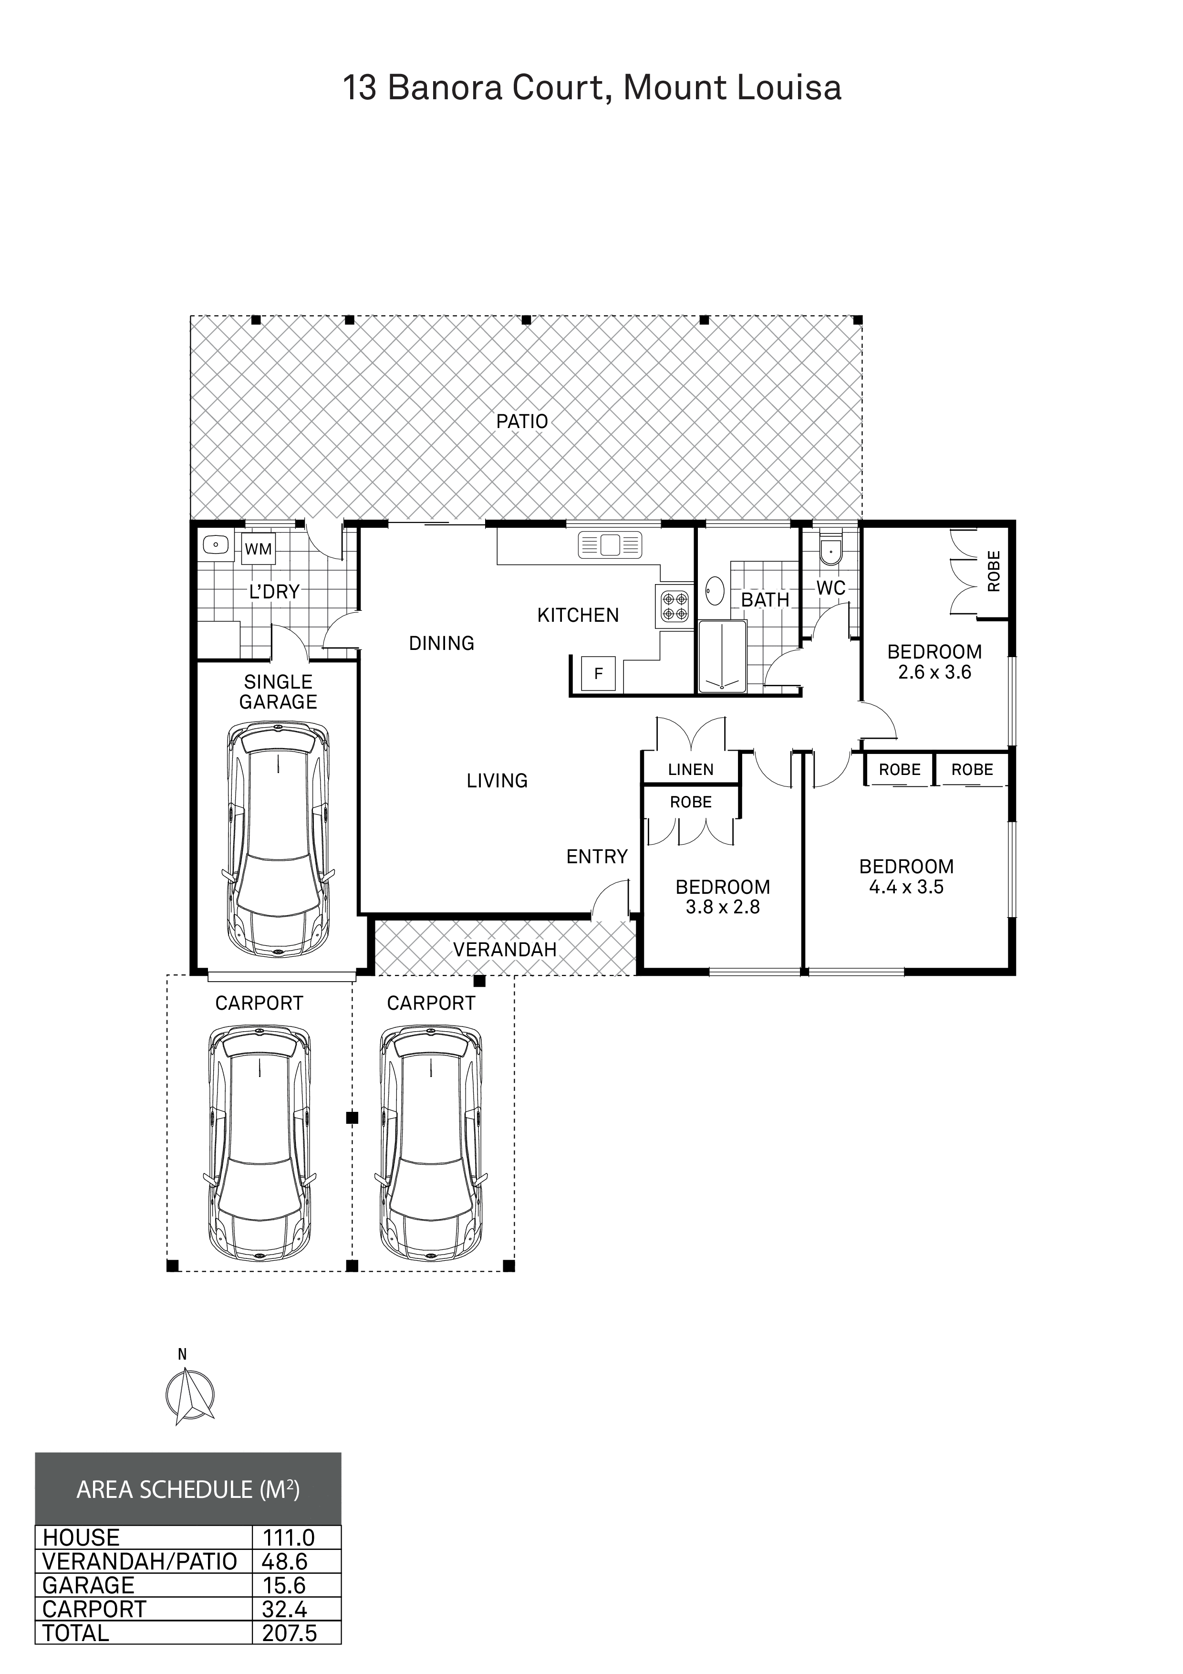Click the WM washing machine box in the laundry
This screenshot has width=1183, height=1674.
pyautogui.click(x=258, y=548)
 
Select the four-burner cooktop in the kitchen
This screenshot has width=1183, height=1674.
pyautogui.click(x=674, y=606)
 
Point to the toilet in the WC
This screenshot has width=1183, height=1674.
pyautogui.click(x=830, y=553)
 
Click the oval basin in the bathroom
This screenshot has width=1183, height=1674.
pyautogui.click(x=714, y=592)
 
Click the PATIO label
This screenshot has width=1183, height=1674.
pyautogui.click(x=522, y=421)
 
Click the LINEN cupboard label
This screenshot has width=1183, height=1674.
pyautogui.click(x=691, y=769)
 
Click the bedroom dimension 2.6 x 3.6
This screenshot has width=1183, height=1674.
pyautogui.click(x=934, y=672)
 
